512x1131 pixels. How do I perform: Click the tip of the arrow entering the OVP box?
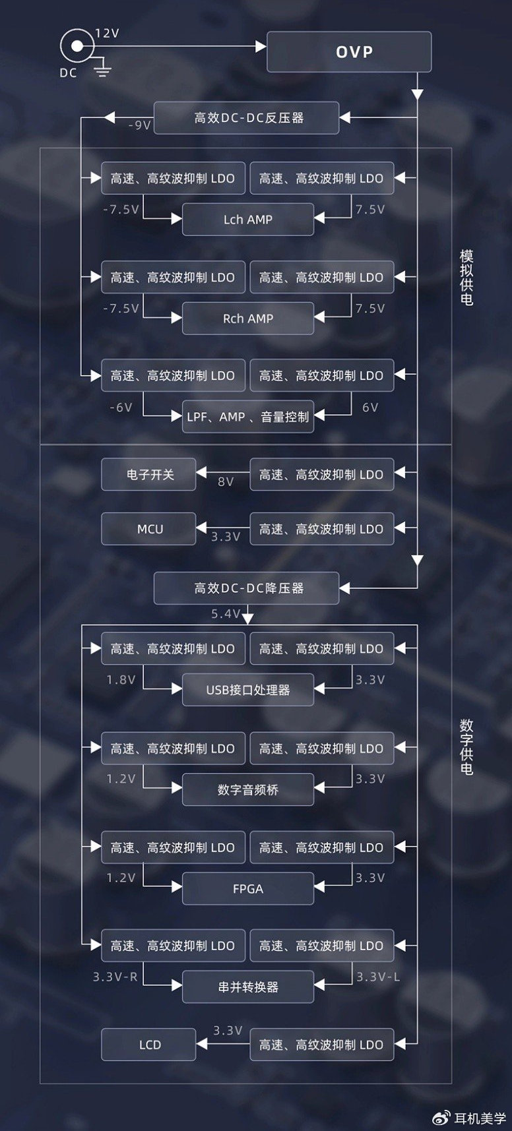pyautogui.click(x=267, y=46)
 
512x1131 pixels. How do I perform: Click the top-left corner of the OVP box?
pyautogui.click(x=267, y=32)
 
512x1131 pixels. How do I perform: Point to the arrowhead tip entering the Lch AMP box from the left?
pyautogui.click(x=182, y=218)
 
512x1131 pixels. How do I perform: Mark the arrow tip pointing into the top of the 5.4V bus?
pyautogui.click(x=247, y=624)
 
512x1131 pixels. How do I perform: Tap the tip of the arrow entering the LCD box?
pyautogui.click(x=197, y=1044)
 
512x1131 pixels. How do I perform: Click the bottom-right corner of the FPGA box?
pyautogui.click(x=313, y=904)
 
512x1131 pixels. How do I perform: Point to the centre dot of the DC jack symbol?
pyautogui.click(x=77, y=46)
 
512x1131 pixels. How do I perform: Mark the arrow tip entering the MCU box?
pyautogui.click(x=197, y=528)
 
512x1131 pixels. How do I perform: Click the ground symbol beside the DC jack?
pyautogui.click(x=102, y=67)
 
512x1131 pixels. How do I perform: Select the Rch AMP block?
pyautogui.click(x=247, y=318)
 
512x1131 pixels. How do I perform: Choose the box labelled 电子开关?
pyautogui.click(x=148, y=474)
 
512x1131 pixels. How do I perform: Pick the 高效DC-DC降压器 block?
pyautogui.click(x=246, y=588)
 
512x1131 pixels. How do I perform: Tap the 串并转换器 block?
pyautogui.click(x=247, y=987)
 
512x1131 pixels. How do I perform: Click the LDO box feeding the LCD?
pyautogui.click(x=321, y=1045)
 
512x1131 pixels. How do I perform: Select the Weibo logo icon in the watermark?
pyautogui.click(x=441, y=1118)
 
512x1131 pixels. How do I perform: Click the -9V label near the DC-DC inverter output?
pyautogui.click(x=139, y=125)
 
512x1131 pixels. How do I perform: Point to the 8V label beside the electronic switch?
pyautogui.click(x=226, y=481)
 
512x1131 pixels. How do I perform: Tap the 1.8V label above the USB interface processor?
pyautogui.click(x=121, y=679)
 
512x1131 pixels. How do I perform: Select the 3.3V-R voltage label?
pyautogui.click(x=115, y=976)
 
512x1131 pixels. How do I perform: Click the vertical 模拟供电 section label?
pyautogui.click(x=466, y=277)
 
